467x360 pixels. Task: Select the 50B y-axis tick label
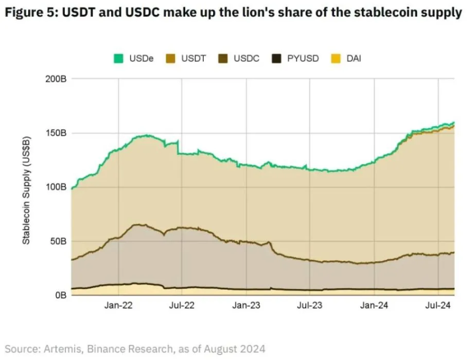click(58, 241)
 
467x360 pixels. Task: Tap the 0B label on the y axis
click(60, 295)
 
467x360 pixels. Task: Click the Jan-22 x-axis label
click(118, 306)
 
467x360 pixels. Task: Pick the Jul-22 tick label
click(182, 306)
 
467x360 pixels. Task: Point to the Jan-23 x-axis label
click(246, 306)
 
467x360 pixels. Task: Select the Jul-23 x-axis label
click(310, 306)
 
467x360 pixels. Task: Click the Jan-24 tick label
click(374, 306)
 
